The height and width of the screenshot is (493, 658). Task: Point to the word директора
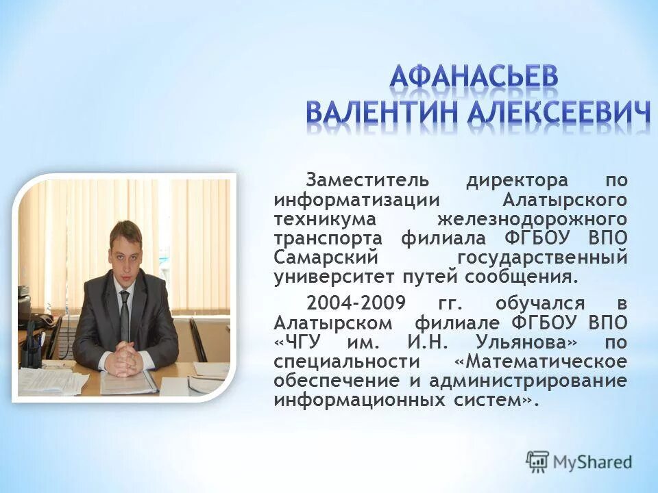click(517, 181)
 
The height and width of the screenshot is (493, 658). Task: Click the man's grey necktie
click(124, 315)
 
